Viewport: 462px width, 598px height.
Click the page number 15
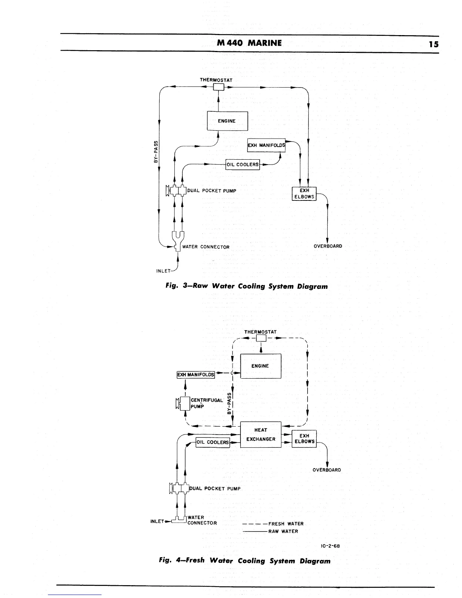pyautogui.click(x=433, y=44)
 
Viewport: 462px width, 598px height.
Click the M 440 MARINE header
pyautogui.click(x=249, y=43)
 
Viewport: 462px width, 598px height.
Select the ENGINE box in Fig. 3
pyautogui.click(x=227, y=121)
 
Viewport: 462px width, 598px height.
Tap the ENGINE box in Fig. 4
pyautogui.click(x=260, y=366)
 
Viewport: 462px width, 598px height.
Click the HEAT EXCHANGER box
pyautogui.click(x=261, y=435)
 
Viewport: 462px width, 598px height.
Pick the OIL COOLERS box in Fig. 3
pyautogui.click(x=242, y=165)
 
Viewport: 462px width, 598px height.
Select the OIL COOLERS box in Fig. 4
pyautogui.click(x=213, y=442)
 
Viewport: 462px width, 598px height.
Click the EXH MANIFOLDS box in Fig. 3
pyautogui.click(x=266, y=145)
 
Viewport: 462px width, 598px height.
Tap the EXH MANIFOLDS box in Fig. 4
pyautogui.click(x=196, y=375)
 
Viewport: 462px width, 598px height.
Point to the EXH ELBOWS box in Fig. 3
pyautogui.click(x=304, y=194)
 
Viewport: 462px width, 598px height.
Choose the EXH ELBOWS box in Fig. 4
pyautogui.click(x=305, y=439)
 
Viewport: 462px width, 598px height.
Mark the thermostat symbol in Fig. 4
pyautogui.click(x=261, y=338)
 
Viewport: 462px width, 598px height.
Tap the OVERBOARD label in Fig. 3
pyautogui.click(x=328, y=246)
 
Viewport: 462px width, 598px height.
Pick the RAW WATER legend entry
pyautogui.click(x=283, y=531)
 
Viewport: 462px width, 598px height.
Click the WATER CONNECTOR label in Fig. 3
pyautogui.click(x=206, y=247)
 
